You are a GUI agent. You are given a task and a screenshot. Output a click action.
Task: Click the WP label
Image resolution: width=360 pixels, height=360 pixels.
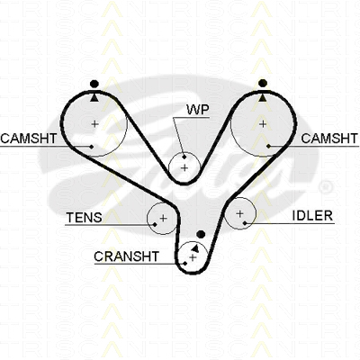(x=197, y=110)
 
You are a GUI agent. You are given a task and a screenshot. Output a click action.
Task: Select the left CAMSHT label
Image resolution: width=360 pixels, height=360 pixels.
(x=29, y=139)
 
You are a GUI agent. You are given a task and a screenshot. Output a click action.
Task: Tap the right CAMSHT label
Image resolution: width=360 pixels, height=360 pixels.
(x=329, y=139)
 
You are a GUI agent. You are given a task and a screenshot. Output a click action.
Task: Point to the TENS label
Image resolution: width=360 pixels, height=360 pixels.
(x=84, y=218)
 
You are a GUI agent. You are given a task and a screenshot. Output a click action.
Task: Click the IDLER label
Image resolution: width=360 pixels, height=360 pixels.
(x=312, y=216)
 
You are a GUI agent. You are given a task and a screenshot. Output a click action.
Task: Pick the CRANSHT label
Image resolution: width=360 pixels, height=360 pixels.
(x=126, y=256)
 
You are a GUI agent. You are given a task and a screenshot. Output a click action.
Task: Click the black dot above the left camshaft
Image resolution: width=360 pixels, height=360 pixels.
(x=94, y=84)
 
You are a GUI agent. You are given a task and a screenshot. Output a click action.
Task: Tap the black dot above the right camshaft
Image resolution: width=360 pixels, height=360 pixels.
(x=263, y=83)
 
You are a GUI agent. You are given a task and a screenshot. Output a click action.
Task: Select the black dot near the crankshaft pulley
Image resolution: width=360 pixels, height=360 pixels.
(x=201, y=234)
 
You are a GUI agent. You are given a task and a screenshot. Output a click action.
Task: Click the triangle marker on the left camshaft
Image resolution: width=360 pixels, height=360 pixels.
(x=94, y=97)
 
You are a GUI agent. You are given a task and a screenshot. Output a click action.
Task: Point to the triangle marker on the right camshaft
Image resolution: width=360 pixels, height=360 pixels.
(x=263, y=97)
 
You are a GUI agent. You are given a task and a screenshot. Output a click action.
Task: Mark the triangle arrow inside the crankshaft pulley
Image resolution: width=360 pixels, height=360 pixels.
(x=195, y=247)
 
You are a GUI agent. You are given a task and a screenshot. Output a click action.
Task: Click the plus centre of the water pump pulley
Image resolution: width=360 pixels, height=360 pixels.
(x=184, y=167)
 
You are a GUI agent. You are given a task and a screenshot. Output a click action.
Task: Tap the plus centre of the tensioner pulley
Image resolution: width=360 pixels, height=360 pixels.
(x=163, y=218)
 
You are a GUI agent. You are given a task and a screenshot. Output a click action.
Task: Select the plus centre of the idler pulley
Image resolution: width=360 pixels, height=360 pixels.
(x=239, y=214)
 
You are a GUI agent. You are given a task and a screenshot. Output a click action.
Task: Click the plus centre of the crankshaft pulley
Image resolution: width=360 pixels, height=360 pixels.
(x=193, y=257)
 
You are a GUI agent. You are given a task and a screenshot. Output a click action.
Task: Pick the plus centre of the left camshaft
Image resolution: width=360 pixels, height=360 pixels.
(x=95, y=123)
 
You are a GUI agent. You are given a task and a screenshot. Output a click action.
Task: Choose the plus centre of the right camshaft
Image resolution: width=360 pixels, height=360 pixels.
(x=263, y=123)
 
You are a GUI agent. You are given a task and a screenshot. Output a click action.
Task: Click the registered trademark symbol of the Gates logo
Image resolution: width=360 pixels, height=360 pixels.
(x=325, y=187)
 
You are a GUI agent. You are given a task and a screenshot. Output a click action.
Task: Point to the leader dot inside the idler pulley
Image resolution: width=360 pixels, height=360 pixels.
(x=245, y=223)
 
